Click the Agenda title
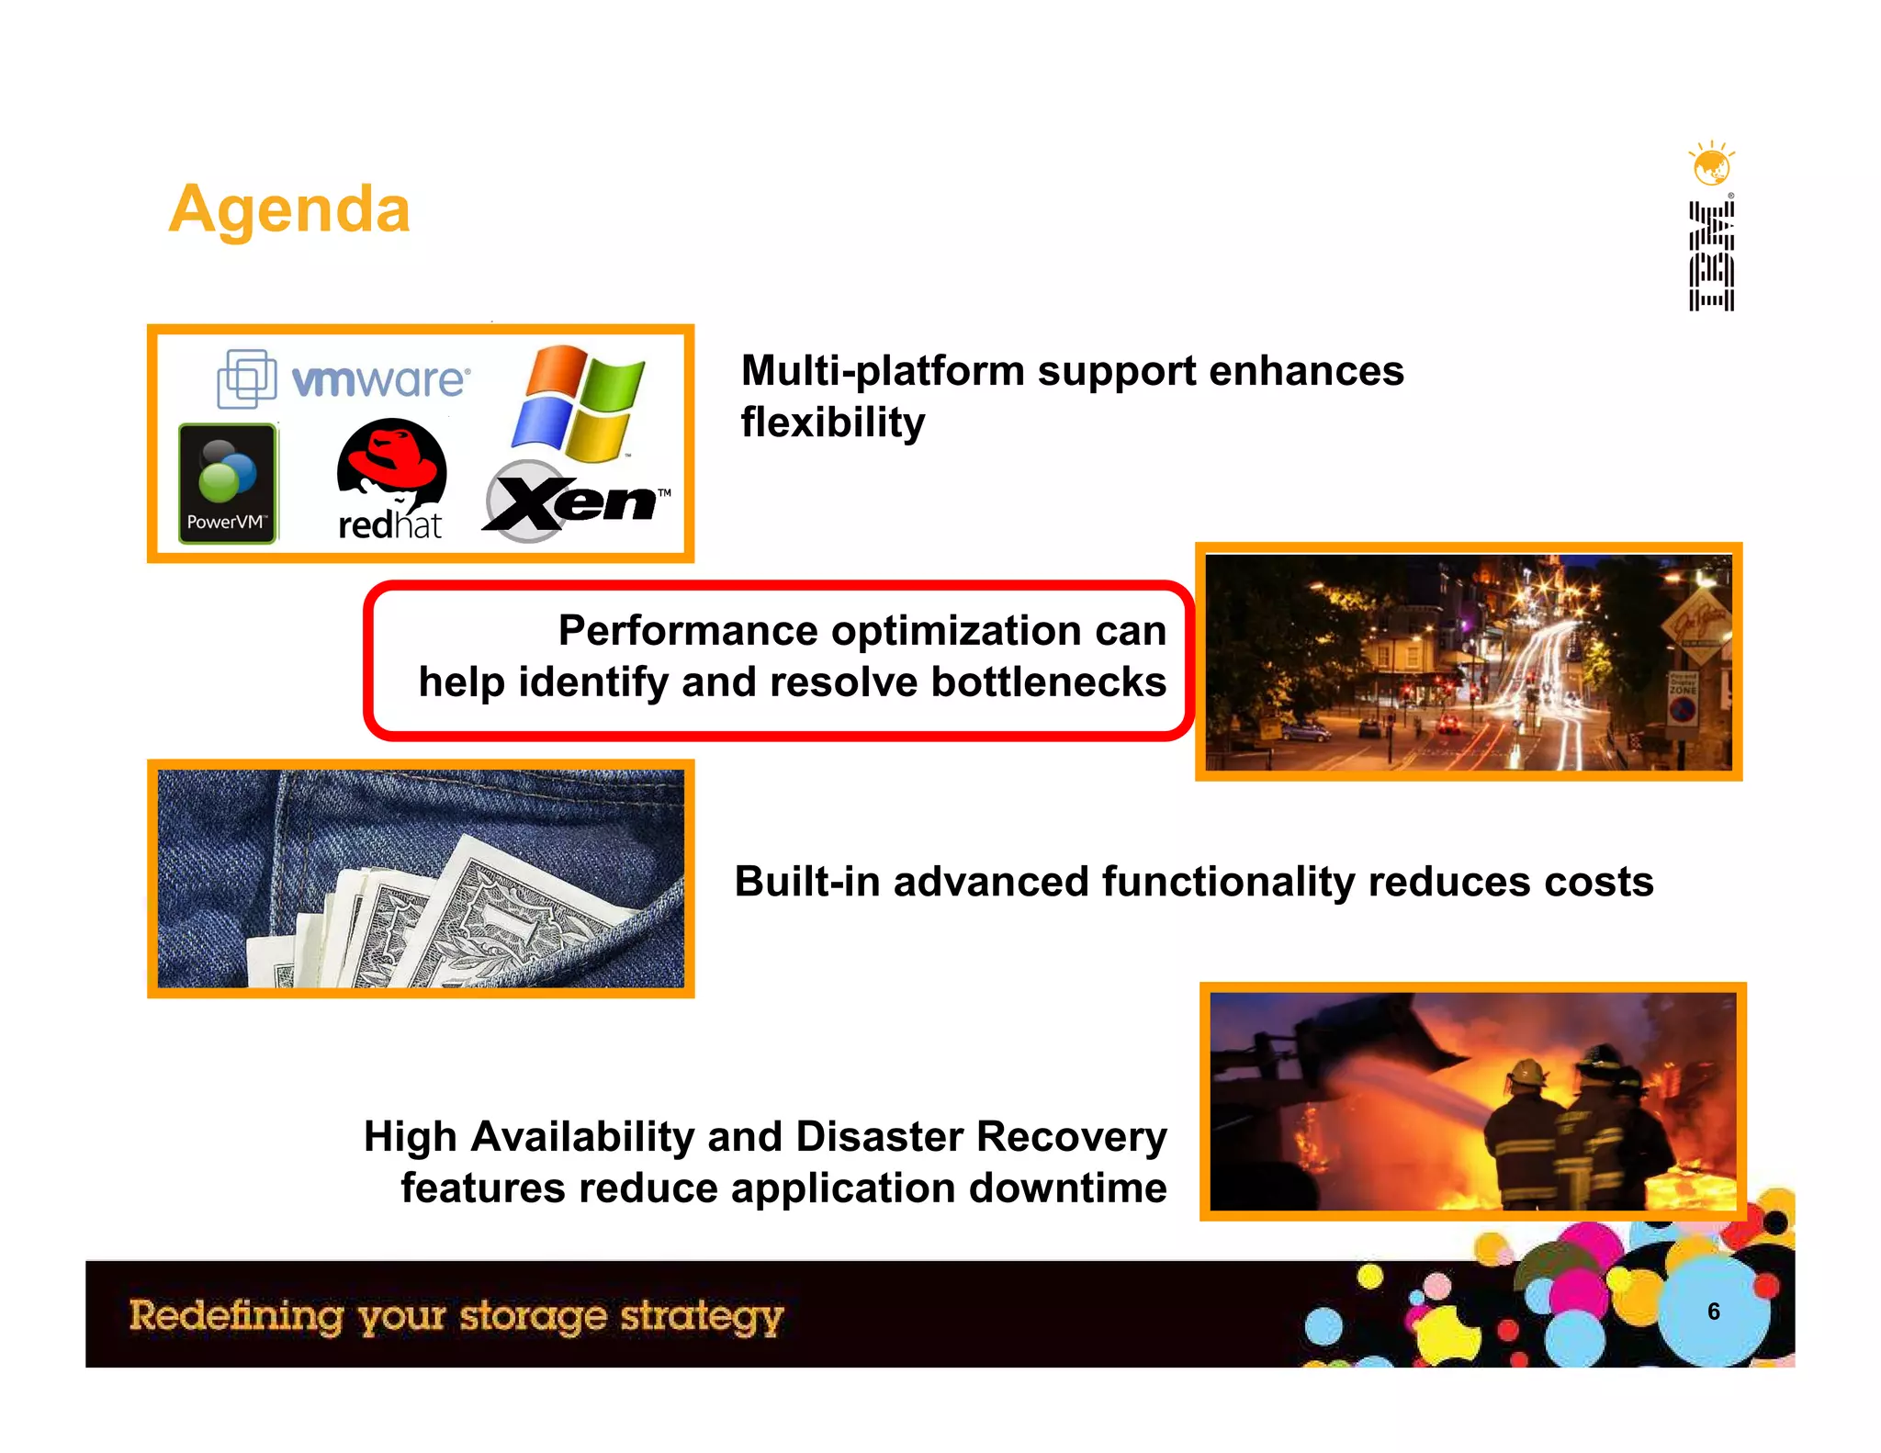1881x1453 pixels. pyautogui.click(x=289, y=209)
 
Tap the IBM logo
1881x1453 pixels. pyautogui.click(x=1711, y=256)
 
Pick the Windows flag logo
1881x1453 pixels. pyautogui.click(x=578, y=403)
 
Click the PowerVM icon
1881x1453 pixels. pyautogui.click(x=227, y=483)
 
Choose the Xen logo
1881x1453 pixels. pyautogui.click(x=574, y=501)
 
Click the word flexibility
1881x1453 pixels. pyautogui.click(x=833, y=422)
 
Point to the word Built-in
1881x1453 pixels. pyautogui.click(x=807, y=882)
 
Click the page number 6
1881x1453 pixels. pyautogui.click(x=1713, y=1312)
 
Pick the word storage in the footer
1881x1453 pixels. pyautogui.click(x=533, y=1316)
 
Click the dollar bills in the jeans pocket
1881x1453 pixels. pyautogui.click(x=459, y=918)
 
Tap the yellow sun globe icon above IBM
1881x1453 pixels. pyautogui.click(x=1711, y=165)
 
